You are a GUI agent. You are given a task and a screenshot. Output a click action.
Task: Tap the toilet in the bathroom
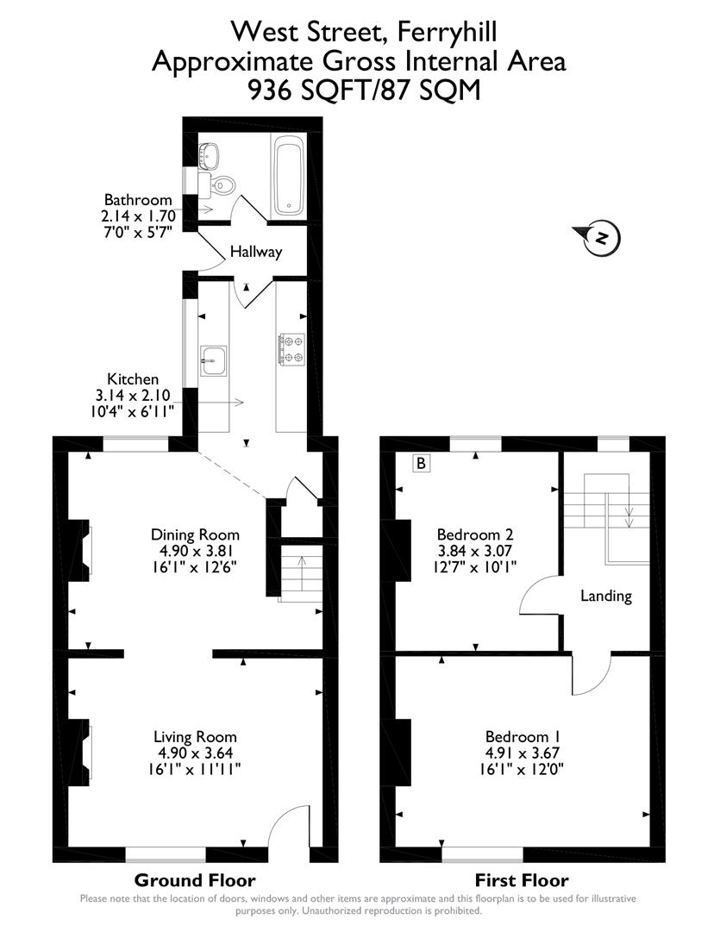(223, 184)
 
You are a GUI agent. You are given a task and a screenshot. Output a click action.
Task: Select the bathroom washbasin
(210, 156)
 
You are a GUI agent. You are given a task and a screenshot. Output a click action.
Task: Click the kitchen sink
(213, 359)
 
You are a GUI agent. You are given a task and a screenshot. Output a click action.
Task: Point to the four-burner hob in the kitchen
(292, 348)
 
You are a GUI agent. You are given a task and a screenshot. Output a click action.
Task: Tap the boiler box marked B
(421, 464)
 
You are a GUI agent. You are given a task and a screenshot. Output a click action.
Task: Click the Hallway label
(255, 253)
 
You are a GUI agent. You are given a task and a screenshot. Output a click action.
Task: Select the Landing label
(605, 596)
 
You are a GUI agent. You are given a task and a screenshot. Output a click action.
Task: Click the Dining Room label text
(195, 534)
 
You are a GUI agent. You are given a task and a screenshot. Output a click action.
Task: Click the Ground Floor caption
(195, 880)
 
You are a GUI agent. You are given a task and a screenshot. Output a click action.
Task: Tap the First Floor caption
(523, 880)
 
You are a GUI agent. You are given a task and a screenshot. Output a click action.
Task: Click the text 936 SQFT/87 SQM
(364, 90)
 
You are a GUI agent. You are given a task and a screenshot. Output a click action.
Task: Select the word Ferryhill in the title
(446, 33)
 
